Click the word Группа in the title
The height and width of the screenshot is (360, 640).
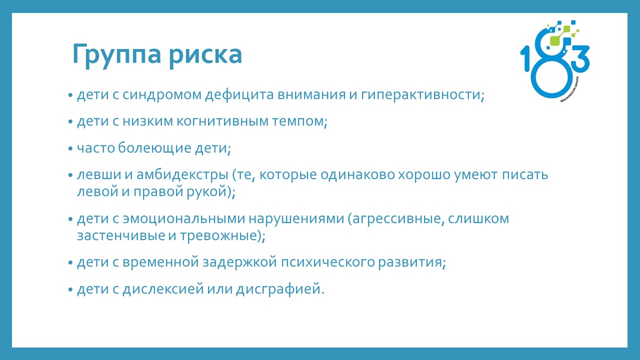(x=116, y=55)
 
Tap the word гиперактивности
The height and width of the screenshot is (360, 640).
(x=422, y=95)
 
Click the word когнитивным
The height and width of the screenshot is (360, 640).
(x=223, y=121)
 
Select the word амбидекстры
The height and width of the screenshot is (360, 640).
(x=182, y=175)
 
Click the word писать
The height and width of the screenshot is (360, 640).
(x=525, y=175)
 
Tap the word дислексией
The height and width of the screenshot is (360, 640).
(x=163, y=289)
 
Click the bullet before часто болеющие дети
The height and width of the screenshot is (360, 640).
(x=70, y=149)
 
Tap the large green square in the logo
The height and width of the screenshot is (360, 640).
(x=555, y=40)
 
